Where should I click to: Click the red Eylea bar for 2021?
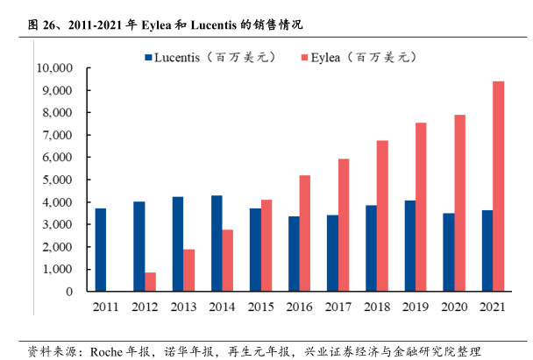(x=498, y=186)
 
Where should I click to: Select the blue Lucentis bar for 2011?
(x=101, y=250)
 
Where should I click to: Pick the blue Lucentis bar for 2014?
(x=216, y=243)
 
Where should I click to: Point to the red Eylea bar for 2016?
(x=304, y=233)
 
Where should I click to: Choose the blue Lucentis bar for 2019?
(x=409, y=245)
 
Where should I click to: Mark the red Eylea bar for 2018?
(x=381, y=215)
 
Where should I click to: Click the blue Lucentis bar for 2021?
(x=486, y=251)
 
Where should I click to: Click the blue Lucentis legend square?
(x=148, y=58)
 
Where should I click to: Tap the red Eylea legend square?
(x=305, y=58)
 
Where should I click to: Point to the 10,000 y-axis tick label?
(x=53, y=68)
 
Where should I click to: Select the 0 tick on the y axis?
(x=68, y=291)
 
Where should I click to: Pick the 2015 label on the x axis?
(x=260, y=306)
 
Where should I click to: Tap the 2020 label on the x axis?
(x=453, y=306)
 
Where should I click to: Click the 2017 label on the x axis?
(x=338, y=306)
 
